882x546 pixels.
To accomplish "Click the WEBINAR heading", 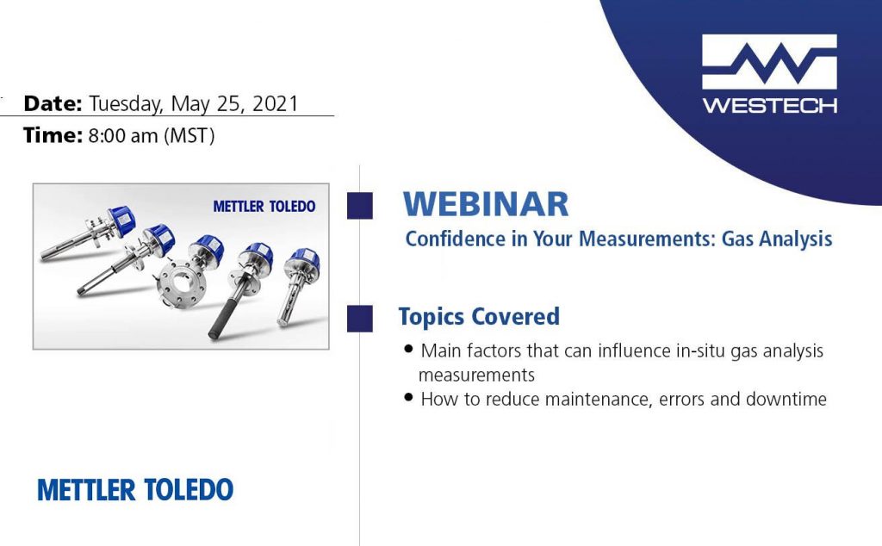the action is pos(486,203).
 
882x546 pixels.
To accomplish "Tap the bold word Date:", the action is pos(53,103).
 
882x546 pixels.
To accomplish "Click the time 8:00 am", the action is pos(123,135).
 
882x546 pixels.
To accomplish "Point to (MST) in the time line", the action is pos(189,136).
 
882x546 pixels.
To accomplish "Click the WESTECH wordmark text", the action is pos(769,105).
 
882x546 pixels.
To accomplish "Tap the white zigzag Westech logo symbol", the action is pos(769,61).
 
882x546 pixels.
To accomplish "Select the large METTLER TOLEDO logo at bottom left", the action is pos(135,490).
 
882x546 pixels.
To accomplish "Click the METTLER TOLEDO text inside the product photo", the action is pos(264,207).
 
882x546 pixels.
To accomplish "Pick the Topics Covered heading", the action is pos(479,317).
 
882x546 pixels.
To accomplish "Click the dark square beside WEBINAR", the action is pos(360,205).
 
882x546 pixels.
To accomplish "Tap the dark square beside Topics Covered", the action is pos(360,319).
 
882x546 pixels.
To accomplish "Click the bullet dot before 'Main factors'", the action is pos(409,349).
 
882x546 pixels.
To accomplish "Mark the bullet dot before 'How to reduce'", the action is pos(409,398).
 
